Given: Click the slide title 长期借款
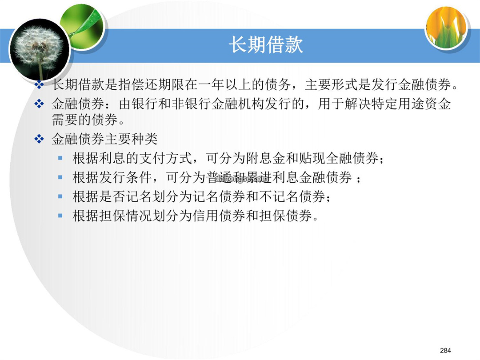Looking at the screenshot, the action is pyautogui.click(x=266, y=45).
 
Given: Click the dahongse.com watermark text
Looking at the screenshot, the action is pyautogui.click(x=242, y=179).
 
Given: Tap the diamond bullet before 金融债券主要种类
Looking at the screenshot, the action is pyautogui.click(x=39, y=139).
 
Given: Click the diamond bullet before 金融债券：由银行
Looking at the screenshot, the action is pyautogui.click(x=39, y=104).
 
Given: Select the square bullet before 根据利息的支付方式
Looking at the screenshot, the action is pyautogui.click(x=60, y=159).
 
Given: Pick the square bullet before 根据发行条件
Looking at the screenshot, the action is pyautogui.click(x=60, y=177).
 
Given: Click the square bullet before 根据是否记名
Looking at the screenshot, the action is pyautogui.click(x=60, y=196).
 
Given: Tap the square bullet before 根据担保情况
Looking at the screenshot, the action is pyautogui.click(x=60, y=216).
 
